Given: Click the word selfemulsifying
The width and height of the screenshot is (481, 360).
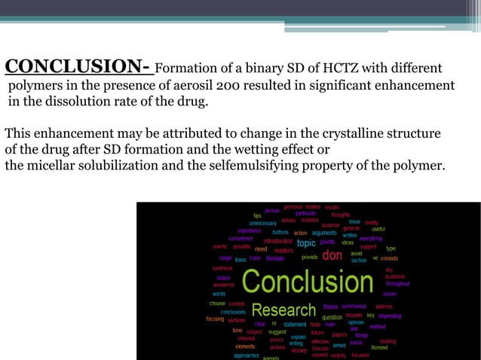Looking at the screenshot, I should pos(283,166).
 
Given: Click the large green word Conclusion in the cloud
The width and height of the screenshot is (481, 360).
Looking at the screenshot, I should pos(308,283).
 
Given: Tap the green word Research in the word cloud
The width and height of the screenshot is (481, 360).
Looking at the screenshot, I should pos(283,310).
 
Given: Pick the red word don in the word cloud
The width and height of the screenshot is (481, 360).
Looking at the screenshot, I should pos(332,256).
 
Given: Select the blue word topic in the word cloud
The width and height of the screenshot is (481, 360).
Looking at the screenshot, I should pos(306,243).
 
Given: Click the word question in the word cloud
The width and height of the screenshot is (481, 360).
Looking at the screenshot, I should pos(332,317).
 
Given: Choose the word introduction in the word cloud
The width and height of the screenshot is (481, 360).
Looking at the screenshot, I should pos(277,241).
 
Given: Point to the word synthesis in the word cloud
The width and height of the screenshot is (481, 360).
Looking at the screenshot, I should pos(222,268).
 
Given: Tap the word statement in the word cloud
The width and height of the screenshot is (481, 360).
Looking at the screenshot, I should pos(295,325).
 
